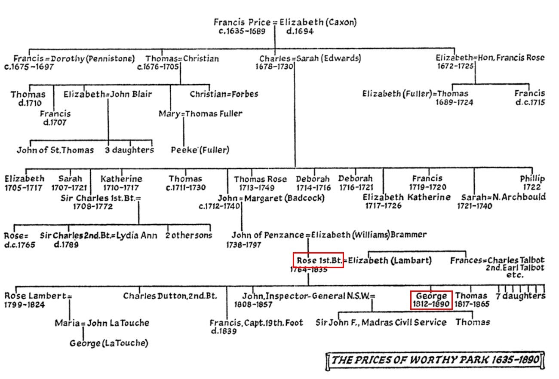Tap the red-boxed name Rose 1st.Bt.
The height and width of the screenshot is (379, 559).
pyautogui.click(x=319, y=260)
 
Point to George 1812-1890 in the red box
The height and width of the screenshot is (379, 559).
pyautogui.click(x=431, y=300)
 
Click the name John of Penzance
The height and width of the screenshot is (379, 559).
pyautogui.click(x=268, y=235)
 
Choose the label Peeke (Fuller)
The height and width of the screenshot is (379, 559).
pyautogui.click(x=200, y=150)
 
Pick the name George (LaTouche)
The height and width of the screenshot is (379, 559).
pyautogui.click(x=109, y=343)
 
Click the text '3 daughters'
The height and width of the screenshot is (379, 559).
pyautogui.click(x=129, y=150)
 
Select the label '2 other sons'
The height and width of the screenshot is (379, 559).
pyautogui.click(x=189, y=235)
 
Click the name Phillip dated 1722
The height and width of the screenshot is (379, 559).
pyautogui.click(x=532, y=178)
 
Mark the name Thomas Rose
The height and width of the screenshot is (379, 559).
pyautogui.click(x=260, y=179)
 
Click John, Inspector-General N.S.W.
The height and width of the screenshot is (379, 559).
pyautogui.click(x=308, y=296)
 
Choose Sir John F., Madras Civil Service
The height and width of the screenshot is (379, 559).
pyautogui.click(x=381, y=322)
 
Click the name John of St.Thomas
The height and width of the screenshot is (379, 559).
pyautogui.click(x=55, y=150)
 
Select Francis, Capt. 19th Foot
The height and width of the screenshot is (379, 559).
pyautogui.click(x=256, y=323)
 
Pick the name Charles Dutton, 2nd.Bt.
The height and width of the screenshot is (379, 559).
pyautogui.click(x=170, y=296)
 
